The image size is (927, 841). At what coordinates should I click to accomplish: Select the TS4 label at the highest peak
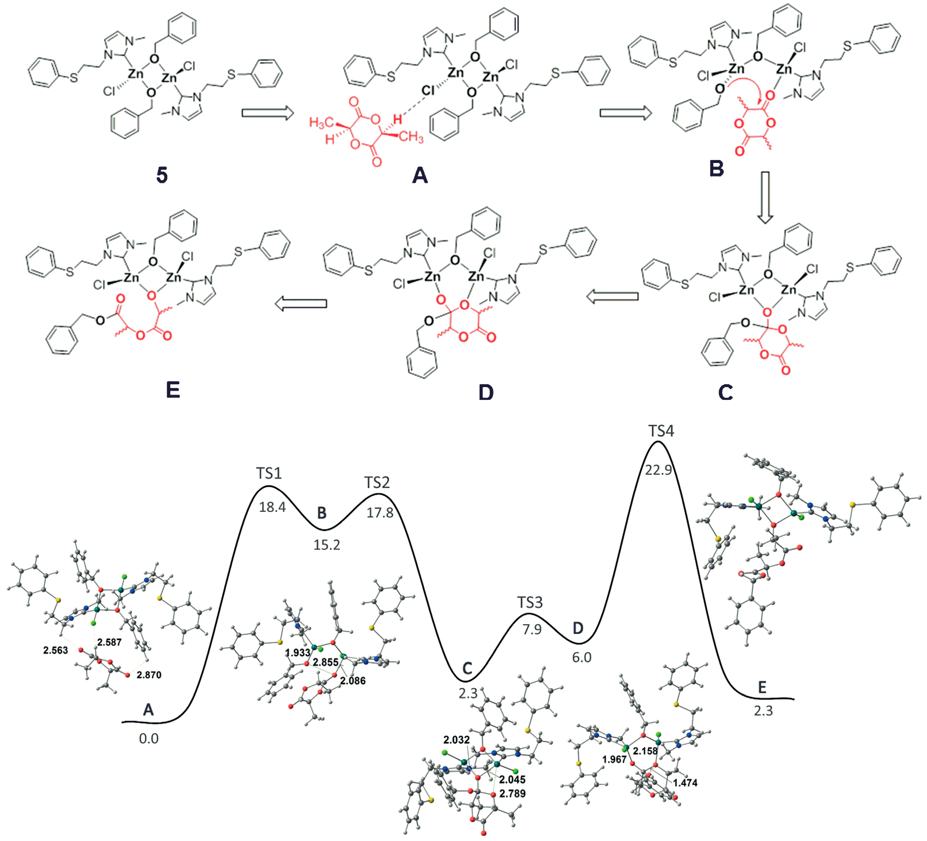pos(661,431)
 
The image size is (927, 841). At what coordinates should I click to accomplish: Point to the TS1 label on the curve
pos(269,473)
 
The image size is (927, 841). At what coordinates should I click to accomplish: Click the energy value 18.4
pos(272,507)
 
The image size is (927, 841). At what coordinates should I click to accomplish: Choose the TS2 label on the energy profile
pos(377,483)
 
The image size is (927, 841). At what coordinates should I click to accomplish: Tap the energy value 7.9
pos(532,629)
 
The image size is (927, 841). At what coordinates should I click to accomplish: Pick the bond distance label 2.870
pos(149,675)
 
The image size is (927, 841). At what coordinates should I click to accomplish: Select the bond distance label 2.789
pos(512,793)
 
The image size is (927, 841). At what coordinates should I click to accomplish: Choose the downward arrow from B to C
pos(765,198)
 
